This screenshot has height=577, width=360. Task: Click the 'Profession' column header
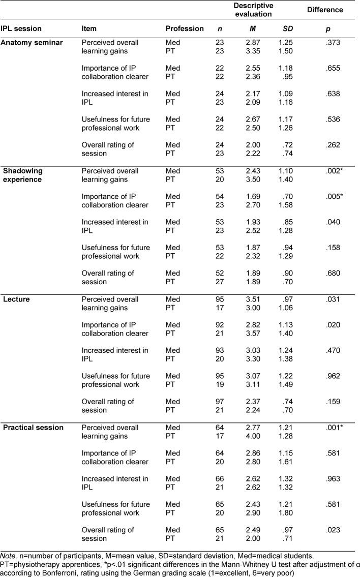click(185, 28)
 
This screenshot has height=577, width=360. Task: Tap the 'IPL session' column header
click(21, 28)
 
